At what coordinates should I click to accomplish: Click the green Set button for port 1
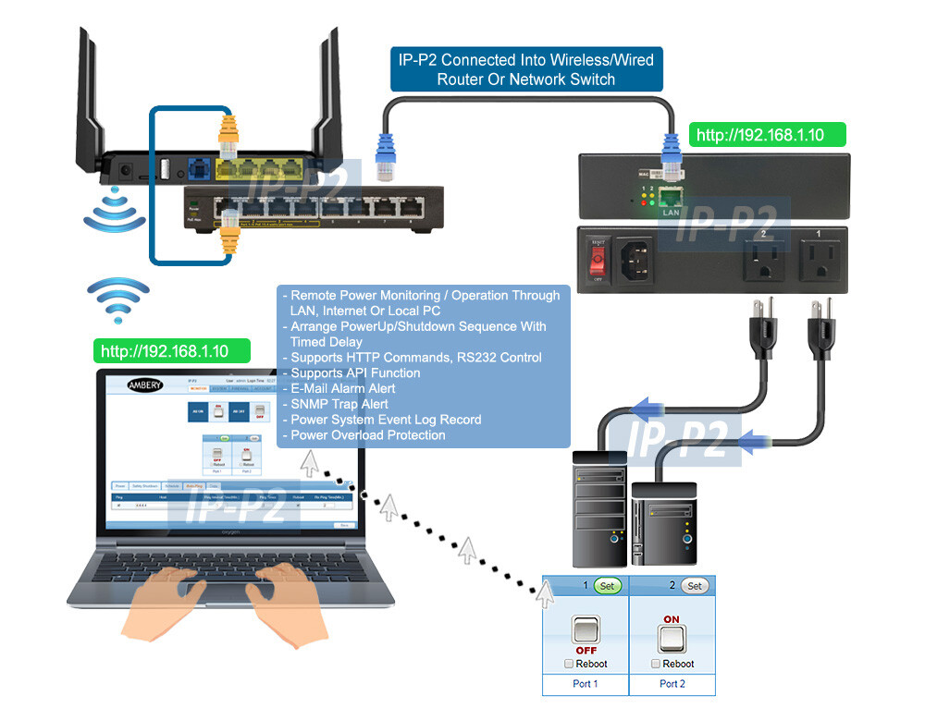click(x=607, y=586)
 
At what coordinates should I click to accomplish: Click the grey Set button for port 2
click(x=694, y=586)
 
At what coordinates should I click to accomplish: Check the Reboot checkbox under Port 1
click(x=568, y=664)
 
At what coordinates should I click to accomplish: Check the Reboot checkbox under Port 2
click(x=655, y=664)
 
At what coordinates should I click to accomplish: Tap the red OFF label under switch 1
click(x=586, y=651)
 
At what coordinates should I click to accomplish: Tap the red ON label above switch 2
click(x=672, y=619)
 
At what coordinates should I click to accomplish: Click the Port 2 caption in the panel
click(x=672, y=684)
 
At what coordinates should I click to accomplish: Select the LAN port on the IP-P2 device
click(x=672, y=196)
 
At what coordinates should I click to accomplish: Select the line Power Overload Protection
click(x=368, y=435)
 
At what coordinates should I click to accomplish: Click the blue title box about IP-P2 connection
click(x=525, y=69)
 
